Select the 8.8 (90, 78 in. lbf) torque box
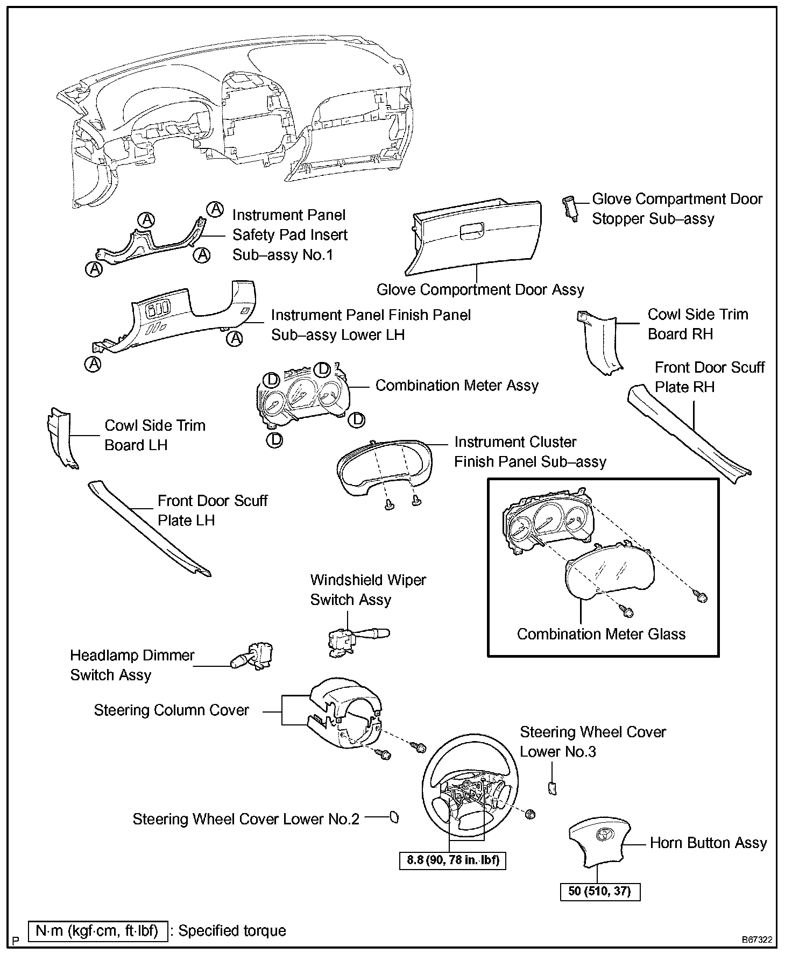point(453,860)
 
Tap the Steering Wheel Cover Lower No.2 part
point(394,818)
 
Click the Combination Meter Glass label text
point(601,634)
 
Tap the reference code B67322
point(757,940)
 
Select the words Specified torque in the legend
point(232,931)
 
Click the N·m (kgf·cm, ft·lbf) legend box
point(97,931)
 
